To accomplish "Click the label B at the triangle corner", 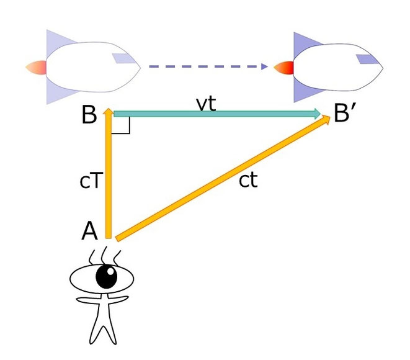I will (91, 115).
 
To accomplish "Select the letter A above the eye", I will (91, 231).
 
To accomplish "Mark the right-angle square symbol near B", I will (122, 125).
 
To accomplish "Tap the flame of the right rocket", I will (283, 66).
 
